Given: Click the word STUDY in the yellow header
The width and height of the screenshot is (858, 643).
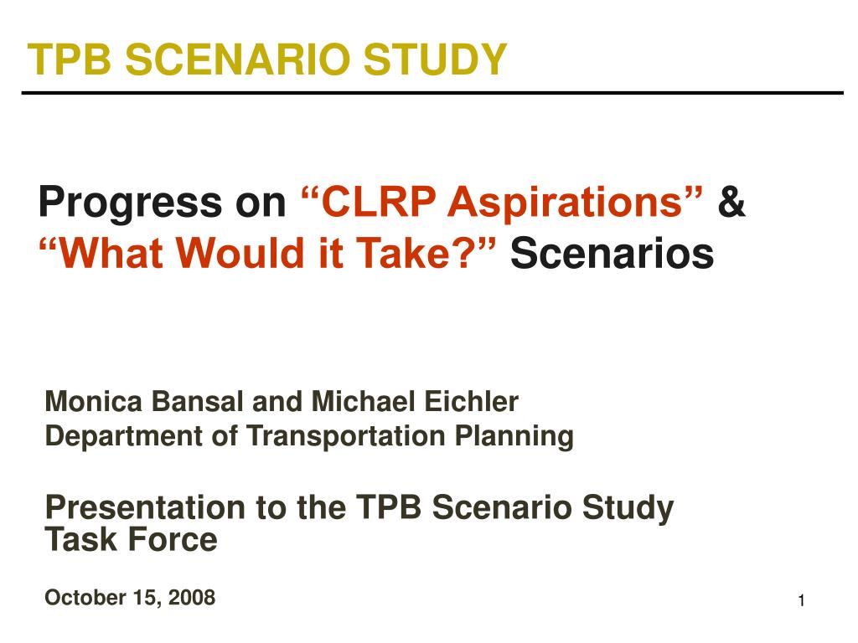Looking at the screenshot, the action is [x=435, y=59].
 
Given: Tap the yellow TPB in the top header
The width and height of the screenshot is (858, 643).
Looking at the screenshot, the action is [x=70, y=59].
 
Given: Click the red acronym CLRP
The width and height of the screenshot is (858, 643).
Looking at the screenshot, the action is [x=379, y=201].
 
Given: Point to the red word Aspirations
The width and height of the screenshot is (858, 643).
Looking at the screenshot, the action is [x=566, y=203].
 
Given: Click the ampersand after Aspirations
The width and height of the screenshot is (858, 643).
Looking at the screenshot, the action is [x=731, y=201].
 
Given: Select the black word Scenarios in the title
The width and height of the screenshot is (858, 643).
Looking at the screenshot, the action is [x=612, y=253].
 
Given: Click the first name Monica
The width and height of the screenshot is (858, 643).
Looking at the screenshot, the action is [x=94, y=401].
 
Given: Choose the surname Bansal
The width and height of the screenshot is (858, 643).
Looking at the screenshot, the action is [x=198, y=401].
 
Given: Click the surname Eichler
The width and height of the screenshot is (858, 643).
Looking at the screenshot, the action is [x=471, y=401].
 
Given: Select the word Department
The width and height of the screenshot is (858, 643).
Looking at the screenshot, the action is [x=124, y=437].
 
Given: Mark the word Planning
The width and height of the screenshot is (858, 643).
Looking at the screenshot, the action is [x=514, y=437].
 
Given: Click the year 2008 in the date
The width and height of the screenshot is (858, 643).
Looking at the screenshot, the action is [x=192, y=597].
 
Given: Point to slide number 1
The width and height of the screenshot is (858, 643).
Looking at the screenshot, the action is [x=801, y=601].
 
